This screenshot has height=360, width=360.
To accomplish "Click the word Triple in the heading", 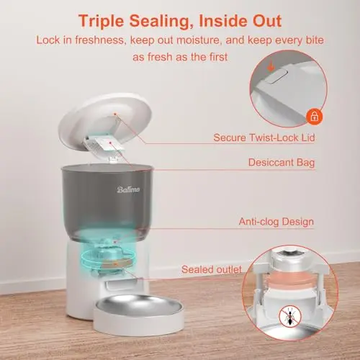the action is click(x=101, y=22).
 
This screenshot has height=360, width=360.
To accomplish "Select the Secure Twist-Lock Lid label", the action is click(x=264, y=138).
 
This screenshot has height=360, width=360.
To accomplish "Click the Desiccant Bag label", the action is click(x=282, y=163).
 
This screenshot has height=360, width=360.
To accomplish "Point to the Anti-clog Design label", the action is click(x=276, y=222).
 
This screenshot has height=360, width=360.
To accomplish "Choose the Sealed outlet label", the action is click(x=212, y=269).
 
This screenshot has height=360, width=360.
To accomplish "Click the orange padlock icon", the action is click(x=315, y=116).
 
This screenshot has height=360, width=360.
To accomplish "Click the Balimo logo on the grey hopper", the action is click(x=128, y=189).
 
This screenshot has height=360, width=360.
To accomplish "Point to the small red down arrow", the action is click(x=271, y=67).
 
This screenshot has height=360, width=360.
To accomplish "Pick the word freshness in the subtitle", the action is click(x=100, y=40).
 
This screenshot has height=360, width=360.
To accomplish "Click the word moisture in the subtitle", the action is click(x=198, y=40).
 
